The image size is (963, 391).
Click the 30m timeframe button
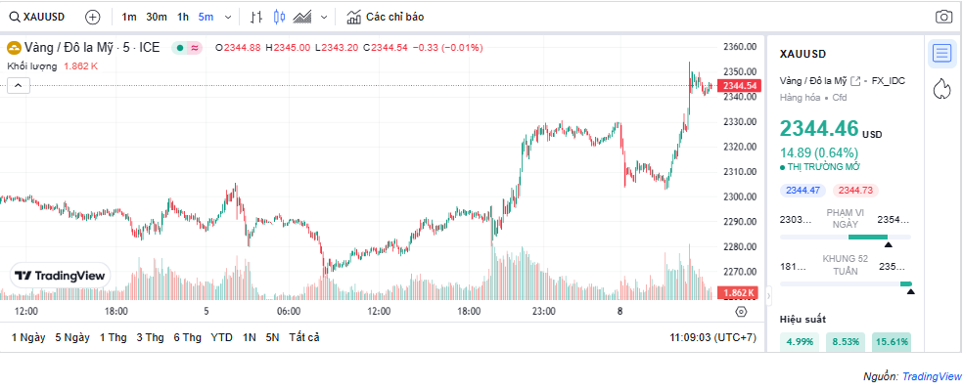coord(156,17)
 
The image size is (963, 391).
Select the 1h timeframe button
coord(183,17)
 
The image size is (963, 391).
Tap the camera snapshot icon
coord(943,17)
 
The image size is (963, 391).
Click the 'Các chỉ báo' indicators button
coord(386,17)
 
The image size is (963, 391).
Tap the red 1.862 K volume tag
coord(737,293)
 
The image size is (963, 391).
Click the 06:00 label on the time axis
coord(288,312)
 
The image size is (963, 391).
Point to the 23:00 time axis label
coord(543,312)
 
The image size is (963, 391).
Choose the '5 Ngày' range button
coord(72,337)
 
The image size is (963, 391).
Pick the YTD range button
coord(221,337)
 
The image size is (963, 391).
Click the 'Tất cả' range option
coord(303,337)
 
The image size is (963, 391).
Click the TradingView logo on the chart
coord(60,277)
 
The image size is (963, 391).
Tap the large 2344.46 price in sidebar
coord(819,129)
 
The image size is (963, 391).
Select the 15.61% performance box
coord(892,342)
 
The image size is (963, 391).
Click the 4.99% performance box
coord(800,342)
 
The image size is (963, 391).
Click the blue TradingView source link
coord(931,376)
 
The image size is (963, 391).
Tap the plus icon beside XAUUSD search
coord(93,17)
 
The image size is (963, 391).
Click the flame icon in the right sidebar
coord(941,89)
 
